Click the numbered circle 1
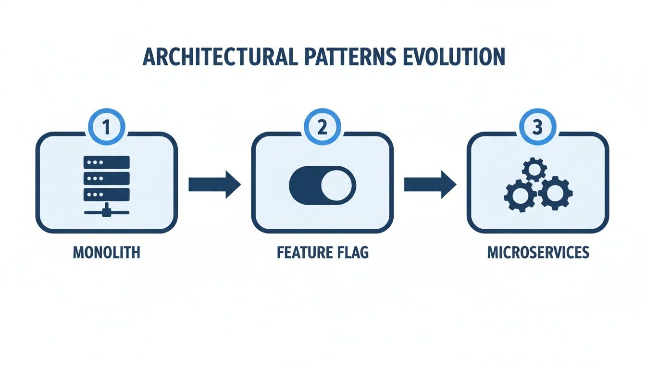[x=106, y=128]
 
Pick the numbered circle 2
[x=322, y=128]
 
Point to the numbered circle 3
[x=538, y=128]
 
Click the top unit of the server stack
[x=106, y=162]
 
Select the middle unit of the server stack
[x=106, y=178]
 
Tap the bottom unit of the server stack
[x=106, y=195]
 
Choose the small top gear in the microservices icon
[x=534, y=170]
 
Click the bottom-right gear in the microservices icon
[x=554, y=193]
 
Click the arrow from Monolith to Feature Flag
[x=214, y=184]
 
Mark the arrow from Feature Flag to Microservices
[x=430, y=184]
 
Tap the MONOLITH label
[x=106, y=252]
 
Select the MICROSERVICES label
[x=538, y=252]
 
